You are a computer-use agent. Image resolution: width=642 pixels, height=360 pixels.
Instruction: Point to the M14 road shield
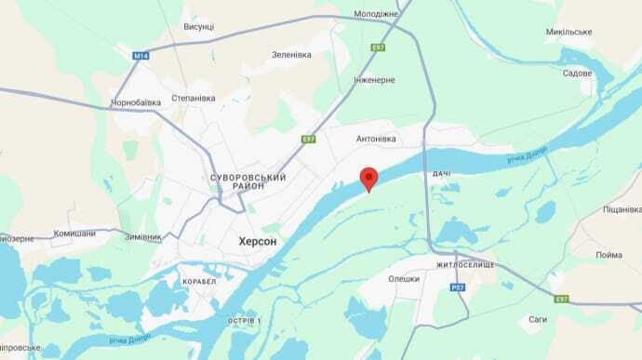[140, 56]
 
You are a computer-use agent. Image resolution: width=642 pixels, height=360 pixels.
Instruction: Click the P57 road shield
[458, 288]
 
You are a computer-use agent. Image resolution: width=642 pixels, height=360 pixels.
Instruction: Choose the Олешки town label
[405, 277]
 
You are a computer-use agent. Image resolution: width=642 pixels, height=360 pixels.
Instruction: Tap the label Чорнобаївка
[136, 102]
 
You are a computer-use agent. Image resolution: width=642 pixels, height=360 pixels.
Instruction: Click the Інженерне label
[375, 79]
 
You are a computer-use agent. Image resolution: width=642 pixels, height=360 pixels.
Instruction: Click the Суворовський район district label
[248, 181]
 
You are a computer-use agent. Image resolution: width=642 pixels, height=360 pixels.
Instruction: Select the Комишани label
[74, 233]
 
